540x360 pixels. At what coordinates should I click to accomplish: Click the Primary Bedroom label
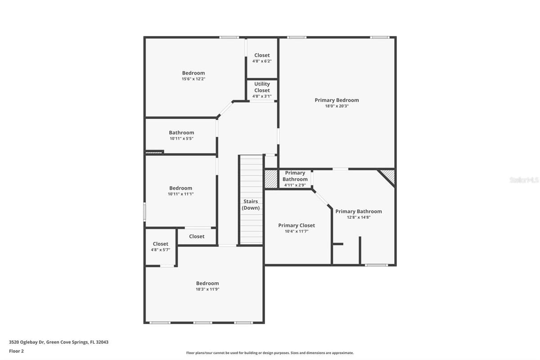(x=337, y=100)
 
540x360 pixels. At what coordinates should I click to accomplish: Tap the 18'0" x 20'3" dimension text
(x=337, y=106)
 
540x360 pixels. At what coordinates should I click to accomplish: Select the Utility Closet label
(x=262, y=87)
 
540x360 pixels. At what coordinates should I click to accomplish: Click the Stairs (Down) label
(x=251, y=204)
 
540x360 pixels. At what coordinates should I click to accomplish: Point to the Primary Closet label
(x=297, y=225)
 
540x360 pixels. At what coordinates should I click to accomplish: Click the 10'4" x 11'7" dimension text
(x=297, y=231)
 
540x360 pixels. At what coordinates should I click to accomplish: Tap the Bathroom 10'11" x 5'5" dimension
(x=181, y=139)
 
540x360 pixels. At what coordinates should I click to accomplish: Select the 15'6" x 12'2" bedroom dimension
(x=193, y=79)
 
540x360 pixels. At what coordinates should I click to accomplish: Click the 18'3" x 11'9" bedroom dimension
(x=207, y=289)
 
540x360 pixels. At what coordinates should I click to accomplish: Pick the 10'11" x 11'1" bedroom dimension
(x=181, y=194)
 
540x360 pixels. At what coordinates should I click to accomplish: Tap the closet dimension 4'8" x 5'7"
(x=161, y=250)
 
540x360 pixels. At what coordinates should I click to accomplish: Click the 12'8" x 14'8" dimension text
(x=359, y=217)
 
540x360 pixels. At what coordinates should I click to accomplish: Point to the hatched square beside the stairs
(x=271, y=179)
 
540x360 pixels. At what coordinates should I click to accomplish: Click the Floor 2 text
(x=16, y=351)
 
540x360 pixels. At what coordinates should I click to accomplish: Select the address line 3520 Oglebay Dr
(x=58, y=342)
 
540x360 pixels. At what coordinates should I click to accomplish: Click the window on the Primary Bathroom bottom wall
(x=376, y=265)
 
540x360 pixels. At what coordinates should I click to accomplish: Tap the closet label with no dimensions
(x=197, y=237)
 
